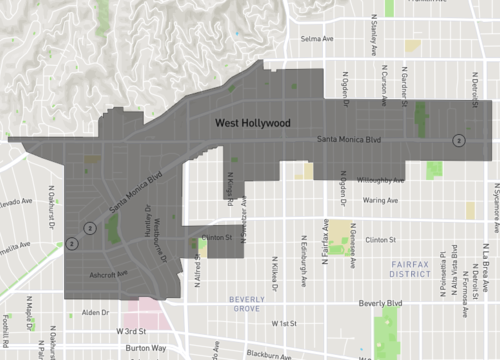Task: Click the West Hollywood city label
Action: click(252, 123)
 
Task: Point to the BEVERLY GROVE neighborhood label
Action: click(246, 304)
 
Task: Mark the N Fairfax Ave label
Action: click(325, 242)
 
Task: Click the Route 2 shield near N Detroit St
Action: click(458, 140)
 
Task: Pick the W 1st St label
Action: click(284, 323)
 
